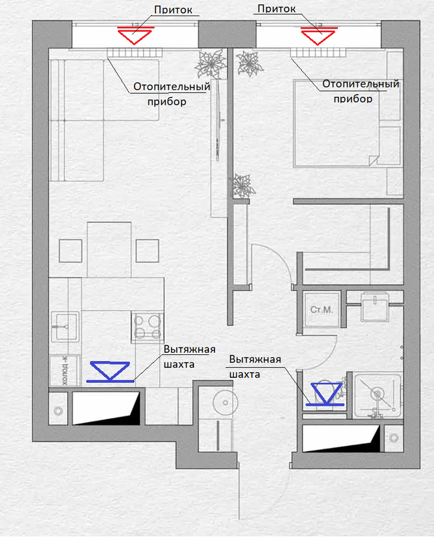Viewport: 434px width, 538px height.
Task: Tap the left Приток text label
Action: click(x=173, y=9)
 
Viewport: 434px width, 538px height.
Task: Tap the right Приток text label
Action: click(x=277, y=9)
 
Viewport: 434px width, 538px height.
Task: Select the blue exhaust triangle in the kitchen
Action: click(x=110, y=370)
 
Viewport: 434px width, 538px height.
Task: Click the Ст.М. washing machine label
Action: click(x=322, y=310)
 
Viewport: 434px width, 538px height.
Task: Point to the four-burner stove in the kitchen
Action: click(x=147, y=327)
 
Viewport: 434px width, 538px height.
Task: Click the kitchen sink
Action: click(x=65, y=326)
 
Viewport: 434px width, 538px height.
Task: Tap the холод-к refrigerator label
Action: click(x=65, y=370)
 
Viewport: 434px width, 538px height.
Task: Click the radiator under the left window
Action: click(x=135, y=53)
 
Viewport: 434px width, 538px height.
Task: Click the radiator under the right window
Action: click(x=318, y=53)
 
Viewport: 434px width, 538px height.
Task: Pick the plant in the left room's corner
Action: click(x=211, y=64)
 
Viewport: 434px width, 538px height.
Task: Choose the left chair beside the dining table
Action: click(x=70, y=251)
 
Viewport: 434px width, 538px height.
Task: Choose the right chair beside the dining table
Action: click(x=147, y=251)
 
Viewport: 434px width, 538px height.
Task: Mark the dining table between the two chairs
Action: click(x=109, y=249)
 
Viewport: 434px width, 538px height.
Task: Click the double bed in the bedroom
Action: click(x=337, y=123)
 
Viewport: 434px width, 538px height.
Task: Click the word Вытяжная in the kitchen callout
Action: click(x=190, y=349)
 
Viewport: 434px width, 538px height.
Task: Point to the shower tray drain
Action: click(x=378, y=393)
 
